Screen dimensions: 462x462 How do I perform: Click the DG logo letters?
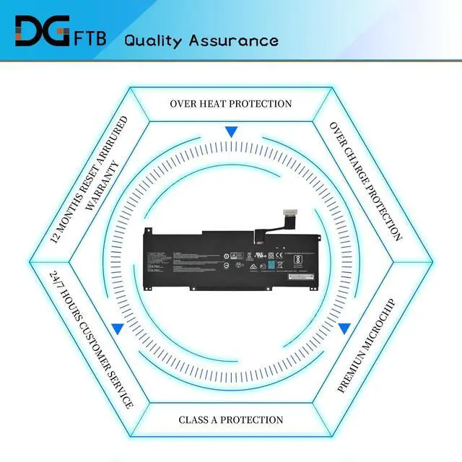tap(42, 31)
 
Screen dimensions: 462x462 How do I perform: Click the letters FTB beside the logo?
tap(90, 38)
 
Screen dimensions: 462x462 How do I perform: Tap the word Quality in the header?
tap(153, 40)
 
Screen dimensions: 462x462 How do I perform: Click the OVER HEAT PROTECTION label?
tap(231, 103)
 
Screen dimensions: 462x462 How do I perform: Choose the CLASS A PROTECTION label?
tap(231, 419)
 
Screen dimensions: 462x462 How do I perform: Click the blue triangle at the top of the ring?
tap(231, 132)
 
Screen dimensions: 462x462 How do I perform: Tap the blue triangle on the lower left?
tap(118, 328)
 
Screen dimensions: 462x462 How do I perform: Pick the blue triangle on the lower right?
tap(344, 328)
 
